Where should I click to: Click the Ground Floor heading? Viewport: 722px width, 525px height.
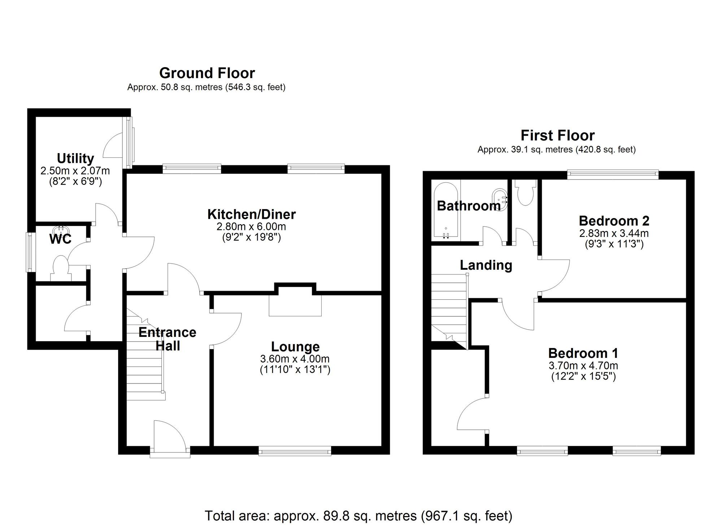[207, 73]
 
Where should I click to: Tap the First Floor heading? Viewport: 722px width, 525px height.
[557, 136]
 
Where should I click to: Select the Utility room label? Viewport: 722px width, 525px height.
[75, 159]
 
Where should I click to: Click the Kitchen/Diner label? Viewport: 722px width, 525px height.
[251, 214]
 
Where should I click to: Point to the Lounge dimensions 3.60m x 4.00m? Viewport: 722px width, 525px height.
[295, 359]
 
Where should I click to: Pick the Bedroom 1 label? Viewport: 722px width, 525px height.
[583, 353]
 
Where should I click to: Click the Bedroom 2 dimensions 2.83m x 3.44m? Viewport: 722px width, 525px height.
[614, 233]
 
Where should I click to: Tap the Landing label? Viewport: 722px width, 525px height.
[486, 265]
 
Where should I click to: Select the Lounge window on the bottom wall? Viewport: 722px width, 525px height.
[295, 451]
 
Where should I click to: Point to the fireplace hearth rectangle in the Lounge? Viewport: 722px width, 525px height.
[295, 306]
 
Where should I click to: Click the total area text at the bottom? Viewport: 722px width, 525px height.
[358, 516]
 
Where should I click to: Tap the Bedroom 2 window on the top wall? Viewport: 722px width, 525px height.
[613, 175]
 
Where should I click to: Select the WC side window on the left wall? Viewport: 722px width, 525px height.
[29, 252]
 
